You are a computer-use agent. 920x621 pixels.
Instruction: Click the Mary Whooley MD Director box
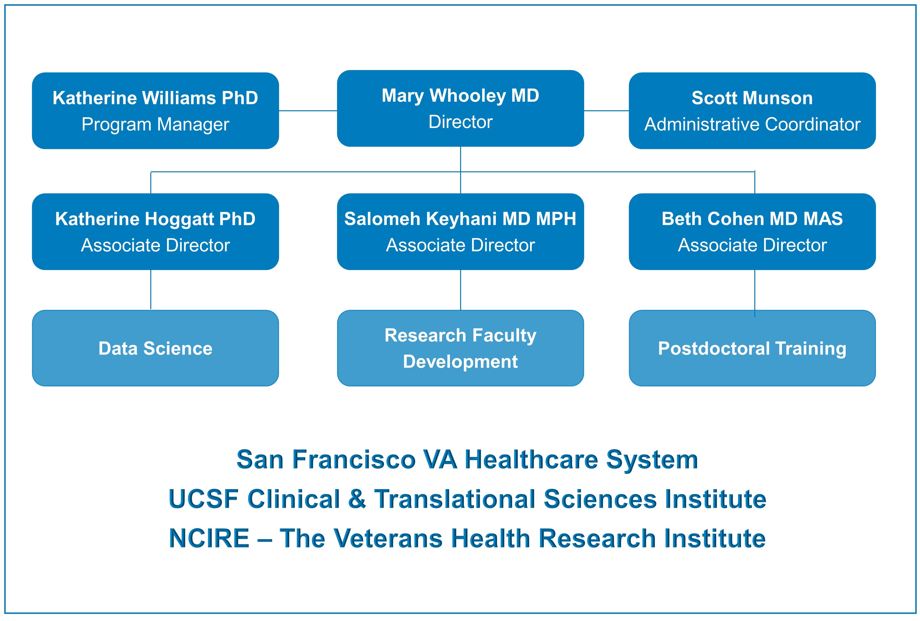(460, 108)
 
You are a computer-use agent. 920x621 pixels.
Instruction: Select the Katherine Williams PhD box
(156, 111)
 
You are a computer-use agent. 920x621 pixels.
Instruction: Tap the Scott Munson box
(752, 111)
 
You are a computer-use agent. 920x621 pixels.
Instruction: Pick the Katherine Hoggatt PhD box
(156, 231)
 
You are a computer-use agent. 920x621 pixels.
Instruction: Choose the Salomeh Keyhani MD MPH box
(460, 231)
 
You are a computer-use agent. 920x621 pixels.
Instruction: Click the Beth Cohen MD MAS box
(752, 231)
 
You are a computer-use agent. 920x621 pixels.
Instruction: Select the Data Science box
(156, 348)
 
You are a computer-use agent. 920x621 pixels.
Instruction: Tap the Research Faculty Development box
(460, 348)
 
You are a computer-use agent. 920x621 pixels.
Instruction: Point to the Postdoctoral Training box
(752, 348)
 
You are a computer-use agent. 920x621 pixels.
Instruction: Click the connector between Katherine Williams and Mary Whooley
(308, 111)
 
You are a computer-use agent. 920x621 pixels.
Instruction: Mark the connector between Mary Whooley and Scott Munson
(606, 111)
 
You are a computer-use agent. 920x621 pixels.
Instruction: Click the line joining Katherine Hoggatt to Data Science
(151, 290)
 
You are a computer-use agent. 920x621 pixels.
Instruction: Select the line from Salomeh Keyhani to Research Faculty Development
(460, 290)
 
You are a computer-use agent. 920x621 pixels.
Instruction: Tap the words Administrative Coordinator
(752, 124)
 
